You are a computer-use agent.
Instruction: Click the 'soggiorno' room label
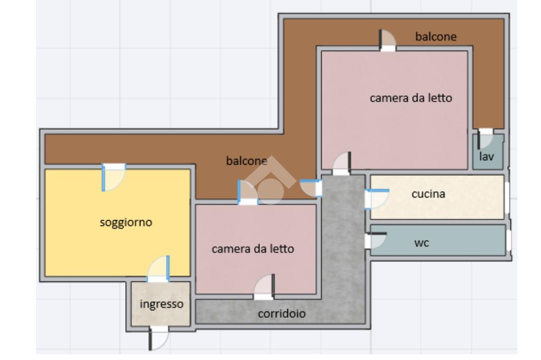[126, 222]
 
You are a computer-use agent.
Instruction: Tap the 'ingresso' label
[161, 304]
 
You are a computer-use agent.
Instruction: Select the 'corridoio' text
[282, 314]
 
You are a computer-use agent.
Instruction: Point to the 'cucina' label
[428, 194]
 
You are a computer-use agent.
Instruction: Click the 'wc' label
[421, 243]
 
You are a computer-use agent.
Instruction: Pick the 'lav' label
[487, 156]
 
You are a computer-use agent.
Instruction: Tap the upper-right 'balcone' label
[435, 36]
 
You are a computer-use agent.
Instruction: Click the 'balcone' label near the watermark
[246, 161]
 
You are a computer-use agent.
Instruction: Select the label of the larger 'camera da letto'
[411, 98]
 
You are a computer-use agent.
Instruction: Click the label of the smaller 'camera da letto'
[253, 249]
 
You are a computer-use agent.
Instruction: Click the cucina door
[376, 199]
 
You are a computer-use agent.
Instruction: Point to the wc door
[376, 240]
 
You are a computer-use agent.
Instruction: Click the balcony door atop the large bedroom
[388, 41]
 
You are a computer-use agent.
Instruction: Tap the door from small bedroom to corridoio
[265, 287]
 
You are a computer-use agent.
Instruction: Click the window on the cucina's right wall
[507, 197]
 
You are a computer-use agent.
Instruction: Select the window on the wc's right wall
[508, 240]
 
